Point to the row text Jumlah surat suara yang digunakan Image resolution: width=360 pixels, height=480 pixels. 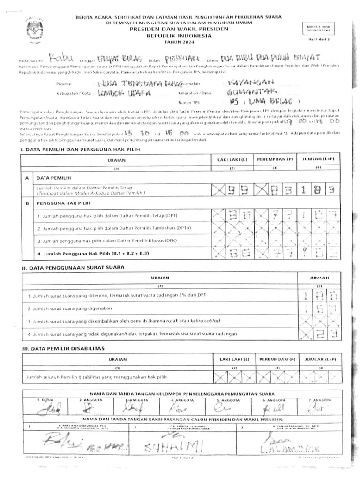(x=75, y=309)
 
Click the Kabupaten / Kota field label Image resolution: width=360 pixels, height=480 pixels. (x=73, y=93)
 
